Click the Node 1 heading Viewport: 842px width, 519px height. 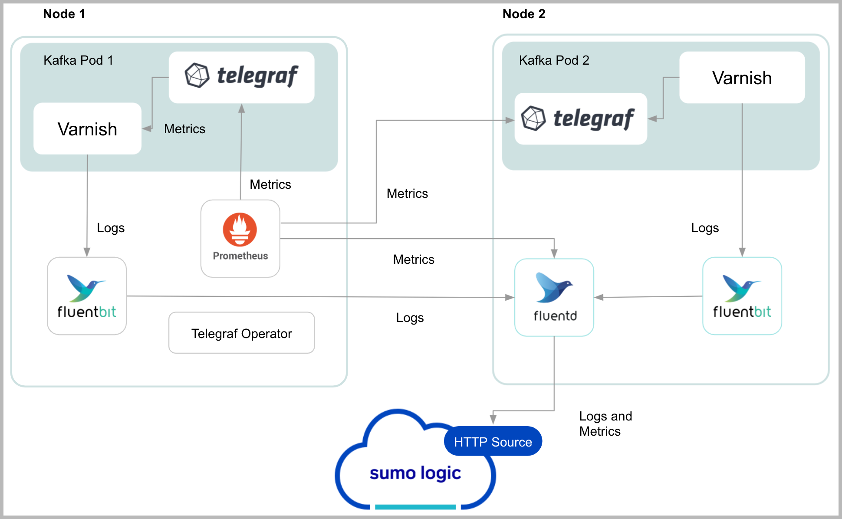click(64, 14)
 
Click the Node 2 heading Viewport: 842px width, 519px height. click(523, 14)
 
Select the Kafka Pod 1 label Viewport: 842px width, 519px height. click(78, 60)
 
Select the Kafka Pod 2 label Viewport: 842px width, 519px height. click(554, 60)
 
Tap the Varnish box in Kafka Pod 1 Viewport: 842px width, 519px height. click(87, 129)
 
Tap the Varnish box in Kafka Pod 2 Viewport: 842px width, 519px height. click(742, 78)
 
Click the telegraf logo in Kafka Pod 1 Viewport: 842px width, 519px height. click(241, 77)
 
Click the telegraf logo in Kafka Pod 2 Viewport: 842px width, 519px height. click(580, 118)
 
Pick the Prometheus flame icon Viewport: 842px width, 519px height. click(240, 229)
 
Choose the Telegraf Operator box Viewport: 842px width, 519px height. click(241, 333)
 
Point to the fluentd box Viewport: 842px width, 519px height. click(554, 298)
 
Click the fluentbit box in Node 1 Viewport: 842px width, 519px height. click(87, 296)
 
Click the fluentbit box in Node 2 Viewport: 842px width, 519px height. click(742, 296)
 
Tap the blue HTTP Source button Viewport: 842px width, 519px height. click(493, 442)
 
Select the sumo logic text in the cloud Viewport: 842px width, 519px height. click(415, 473)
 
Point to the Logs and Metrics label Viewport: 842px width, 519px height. click(605, 424)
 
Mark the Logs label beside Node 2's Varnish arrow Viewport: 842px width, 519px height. click(705, 228)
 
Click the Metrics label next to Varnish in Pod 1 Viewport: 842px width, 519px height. click(184, 129)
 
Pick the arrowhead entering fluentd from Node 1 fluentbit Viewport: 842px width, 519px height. click(510, 297)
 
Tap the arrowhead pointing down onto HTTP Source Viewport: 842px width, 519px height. click(493, 419)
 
